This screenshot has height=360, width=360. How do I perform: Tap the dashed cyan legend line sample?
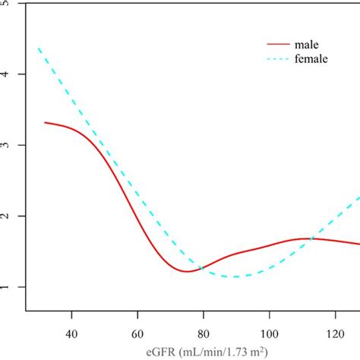click(x=274, y=58)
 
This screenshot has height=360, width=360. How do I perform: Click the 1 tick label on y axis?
click(x=7, y=287)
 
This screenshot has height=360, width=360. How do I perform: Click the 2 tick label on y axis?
click(x=7, y=216)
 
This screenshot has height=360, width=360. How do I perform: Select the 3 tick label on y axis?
click(x=7, y=145)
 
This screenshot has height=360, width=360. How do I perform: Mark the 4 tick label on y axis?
click(x=7, y=74)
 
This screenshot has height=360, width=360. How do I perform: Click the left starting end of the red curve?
click(x=45, y=122)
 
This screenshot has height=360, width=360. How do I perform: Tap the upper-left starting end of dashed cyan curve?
click(x=39, y=49)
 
